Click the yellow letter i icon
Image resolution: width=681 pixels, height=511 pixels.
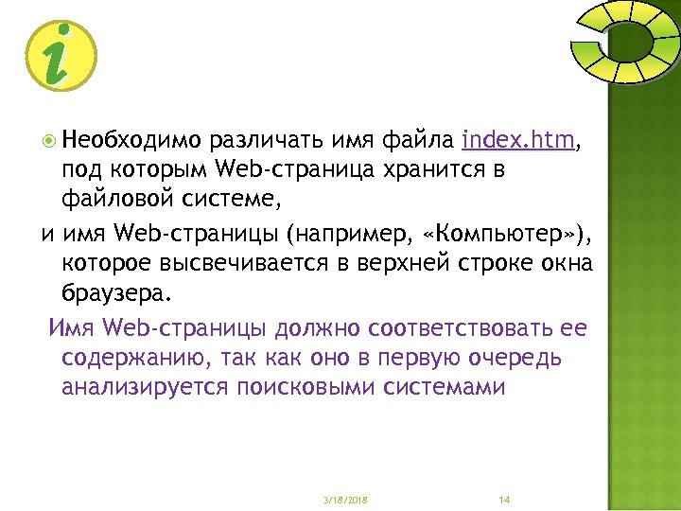[x=61, y=54]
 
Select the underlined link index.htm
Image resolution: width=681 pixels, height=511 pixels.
[x=518, y=142]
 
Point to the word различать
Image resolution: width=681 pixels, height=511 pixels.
[x=268, y=142]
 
